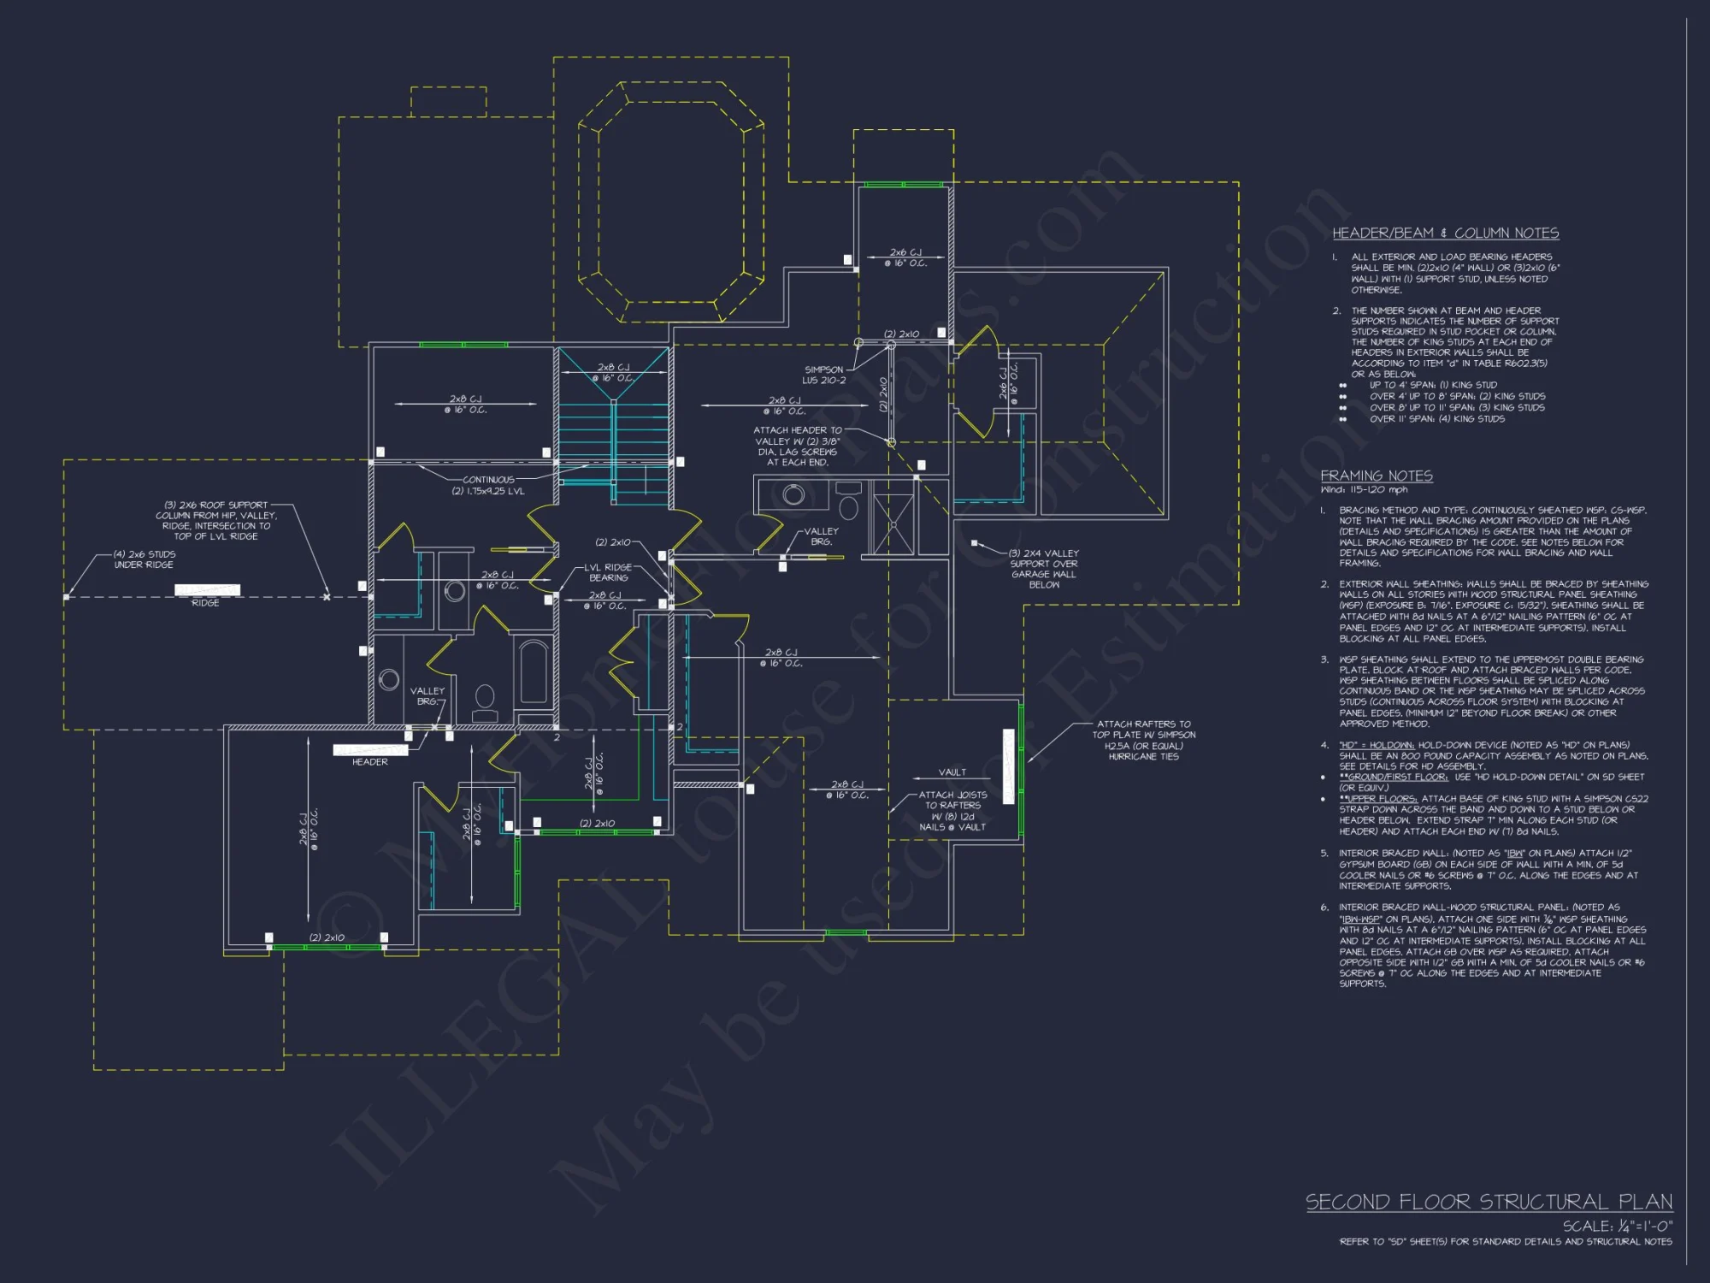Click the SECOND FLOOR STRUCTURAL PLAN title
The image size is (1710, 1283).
coord(1489,1202)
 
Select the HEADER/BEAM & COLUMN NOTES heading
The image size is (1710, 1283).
coord(1445,234)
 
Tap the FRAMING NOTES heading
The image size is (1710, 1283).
coord(1376,476)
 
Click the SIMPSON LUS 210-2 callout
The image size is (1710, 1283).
coord(823,375)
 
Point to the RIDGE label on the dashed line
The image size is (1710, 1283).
coord(205,603)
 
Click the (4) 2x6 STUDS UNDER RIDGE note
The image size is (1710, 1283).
coord(144,559)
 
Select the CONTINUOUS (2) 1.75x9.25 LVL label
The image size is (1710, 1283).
coord(488,485)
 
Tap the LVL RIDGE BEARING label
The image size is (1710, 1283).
coord(608,572)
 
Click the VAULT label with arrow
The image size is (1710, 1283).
coord(952,772)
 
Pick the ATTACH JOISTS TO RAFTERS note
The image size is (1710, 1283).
coord(952,810)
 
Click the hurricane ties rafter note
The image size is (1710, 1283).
coord(1143,740)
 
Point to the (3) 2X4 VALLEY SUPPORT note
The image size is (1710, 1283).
coord(1043,569)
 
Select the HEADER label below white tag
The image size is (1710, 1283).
coord(369,762)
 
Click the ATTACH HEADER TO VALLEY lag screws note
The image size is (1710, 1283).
coord(797,446)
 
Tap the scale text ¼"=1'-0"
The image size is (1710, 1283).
coord(1618,1226)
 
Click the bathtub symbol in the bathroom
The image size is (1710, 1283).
coord(534,671)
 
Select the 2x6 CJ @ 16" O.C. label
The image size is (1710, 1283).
coord(905,257)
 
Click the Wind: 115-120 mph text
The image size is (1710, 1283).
coord(1364,490)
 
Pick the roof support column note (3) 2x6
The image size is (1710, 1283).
coord(215,520)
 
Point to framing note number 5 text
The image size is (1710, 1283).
coord(1488,869)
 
